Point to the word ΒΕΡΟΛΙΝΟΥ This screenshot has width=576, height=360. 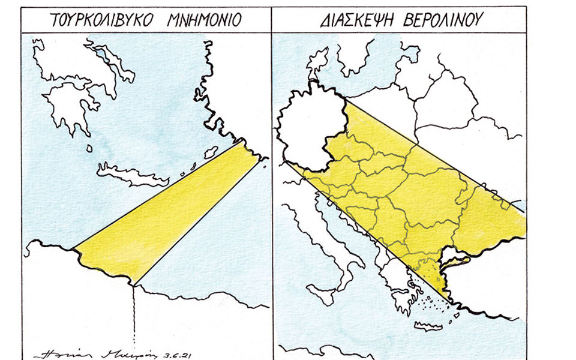(x=440, y=20)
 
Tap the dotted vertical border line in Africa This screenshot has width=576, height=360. (x=134, y=318)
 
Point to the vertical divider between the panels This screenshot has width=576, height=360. (x=271, y=180)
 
